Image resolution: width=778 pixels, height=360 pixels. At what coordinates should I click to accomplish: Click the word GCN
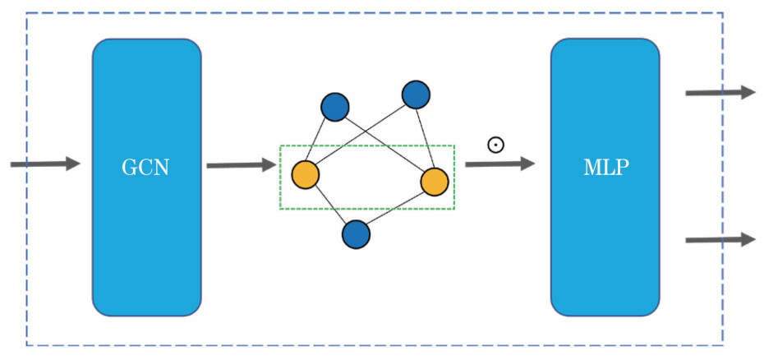coord(146,167)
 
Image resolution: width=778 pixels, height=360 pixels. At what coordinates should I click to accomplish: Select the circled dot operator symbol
coord(495,145)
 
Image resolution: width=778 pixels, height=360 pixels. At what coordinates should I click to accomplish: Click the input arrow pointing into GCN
coord(45,164)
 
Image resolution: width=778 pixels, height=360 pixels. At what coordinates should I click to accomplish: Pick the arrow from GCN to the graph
coord(241,165)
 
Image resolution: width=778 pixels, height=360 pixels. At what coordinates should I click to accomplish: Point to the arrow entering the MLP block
coord(499,164)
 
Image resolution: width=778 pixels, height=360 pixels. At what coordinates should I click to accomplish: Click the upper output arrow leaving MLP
coord(720,93)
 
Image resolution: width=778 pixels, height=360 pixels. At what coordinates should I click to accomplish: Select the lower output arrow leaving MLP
coord(720,239)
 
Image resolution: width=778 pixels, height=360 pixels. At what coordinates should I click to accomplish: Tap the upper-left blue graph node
coord(335,107)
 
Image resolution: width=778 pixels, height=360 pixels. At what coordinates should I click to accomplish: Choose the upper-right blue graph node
coord(416,95)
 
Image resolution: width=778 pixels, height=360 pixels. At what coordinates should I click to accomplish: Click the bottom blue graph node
coord(356,234)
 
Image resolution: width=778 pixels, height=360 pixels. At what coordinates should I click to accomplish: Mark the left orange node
coord(305,175)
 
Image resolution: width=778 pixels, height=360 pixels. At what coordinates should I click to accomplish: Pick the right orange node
coord(435,182)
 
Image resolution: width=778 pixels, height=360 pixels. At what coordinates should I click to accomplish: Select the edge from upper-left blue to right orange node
coord(384,144)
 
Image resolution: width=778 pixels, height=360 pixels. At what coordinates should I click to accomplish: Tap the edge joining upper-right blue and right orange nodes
coord(425,138)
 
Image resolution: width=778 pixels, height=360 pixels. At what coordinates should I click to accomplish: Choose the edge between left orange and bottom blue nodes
coord(330,205)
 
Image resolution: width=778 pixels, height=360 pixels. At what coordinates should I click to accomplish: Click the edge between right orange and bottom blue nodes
coord(395,208)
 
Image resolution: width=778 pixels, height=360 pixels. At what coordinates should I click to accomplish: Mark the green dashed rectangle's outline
coord(366,146)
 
